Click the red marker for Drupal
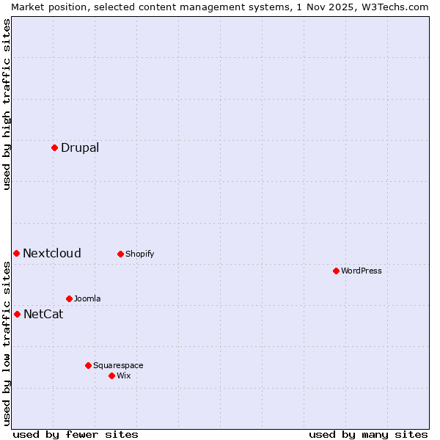pyautogui.click(x=54, y=147)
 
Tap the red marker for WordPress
pyautogui.click(x=336, y=271)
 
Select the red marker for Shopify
pyautogui.click(x=120, y=254)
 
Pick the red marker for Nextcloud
pyautogui.click(x=16, y=253)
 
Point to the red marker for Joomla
pyautogui.click(x=69, y=298)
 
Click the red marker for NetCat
pyautogui.click(x=17, y=314)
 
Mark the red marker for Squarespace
pyautogui.click(x=88, y=365)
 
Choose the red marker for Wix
pyautogui.click(x=111, y=375)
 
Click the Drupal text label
pyautogui.click(x=80, y=147)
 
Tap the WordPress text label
pyautogui.click(x=362, y=271)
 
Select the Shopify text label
pyautogui.click(x=139, y=254)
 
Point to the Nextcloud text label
pyautogui.click(x=52, y=253)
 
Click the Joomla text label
pyautogui.click(x=87, y=298)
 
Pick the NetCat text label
pyautogui.click(x=43, y=314)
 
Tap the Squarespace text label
pyautogui.click(x=118, y=365)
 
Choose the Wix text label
pyautogui.click(x=124, y=375)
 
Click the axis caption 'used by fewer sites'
pyautogui.click(x=76, y=434)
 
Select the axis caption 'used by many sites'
pyautogui.click(x=368, y=434)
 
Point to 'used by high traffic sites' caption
pyautogui.click(x=7, y=104)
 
